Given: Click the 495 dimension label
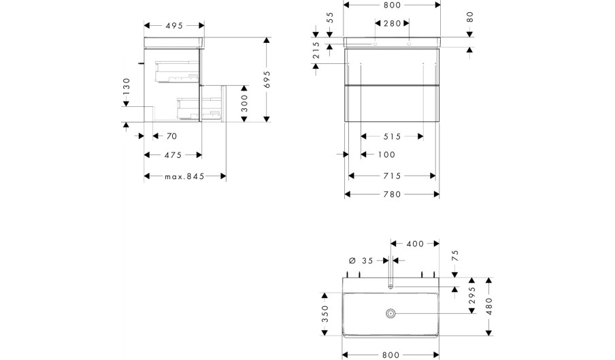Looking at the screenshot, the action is coord(174,25).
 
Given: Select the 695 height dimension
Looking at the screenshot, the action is coord(267,79).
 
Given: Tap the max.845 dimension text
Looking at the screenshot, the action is coord(184,176).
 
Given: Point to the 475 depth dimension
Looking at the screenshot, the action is coord(173,155).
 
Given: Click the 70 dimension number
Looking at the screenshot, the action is coord(172,136).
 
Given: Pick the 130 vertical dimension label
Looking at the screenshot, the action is coord(127,86).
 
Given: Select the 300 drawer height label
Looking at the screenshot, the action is coord(244,103).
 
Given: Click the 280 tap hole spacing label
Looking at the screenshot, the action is coord(393,24).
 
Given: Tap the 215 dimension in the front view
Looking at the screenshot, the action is coord(316,50).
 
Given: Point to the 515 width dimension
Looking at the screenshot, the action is coord(393,137).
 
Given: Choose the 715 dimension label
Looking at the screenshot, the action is coord(393,176).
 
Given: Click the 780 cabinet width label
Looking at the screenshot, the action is coord(393,195).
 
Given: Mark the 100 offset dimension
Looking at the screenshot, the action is coord(386,155).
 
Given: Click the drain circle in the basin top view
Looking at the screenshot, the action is coord(390,313).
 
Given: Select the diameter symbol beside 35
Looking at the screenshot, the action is coord(352,261).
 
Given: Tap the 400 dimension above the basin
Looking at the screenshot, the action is coord(415,244).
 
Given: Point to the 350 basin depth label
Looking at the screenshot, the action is coord(325,314).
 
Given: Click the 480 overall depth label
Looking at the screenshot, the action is coord(489,306).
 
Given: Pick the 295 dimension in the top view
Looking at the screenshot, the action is coord(472,295).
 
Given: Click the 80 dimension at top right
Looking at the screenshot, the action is coord(470,17).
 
